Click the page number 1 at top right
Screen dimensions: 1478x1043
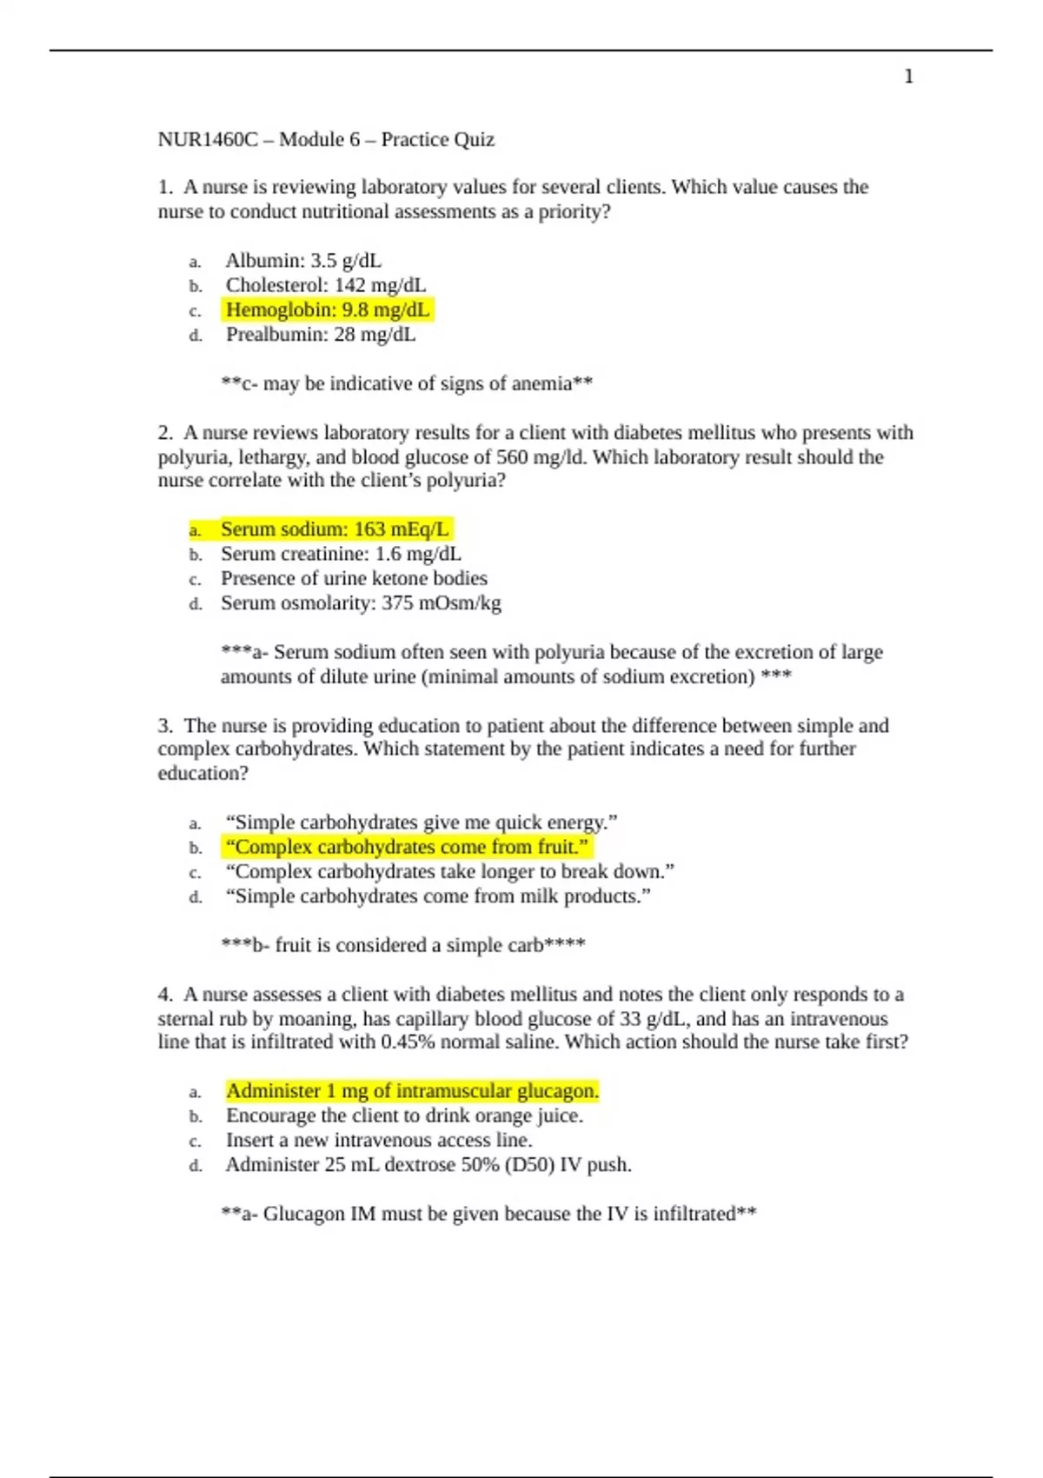[x=908, y=77]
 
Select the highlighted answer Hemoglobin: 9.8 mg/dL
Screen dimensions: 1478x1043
[x=328, y=310]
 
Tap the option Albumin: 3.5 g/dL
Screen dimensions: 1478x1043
[x=303, y=261]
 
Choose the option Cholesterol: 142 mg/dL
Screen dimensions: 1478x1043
[x=326, y=285]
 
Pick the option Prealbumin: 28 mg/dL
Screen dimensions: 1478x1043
[x=321, y=335]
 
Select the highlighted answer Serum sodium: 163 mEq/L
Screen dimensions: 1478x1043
[x=335, y=529]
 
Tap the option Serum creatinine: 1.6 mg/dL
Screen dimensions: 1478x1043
[x=341, y=554]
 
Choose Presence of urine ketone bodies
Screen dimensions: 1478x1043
[x=354, y=578]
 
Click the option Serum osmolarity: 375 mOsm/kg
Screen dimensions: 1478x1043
[x=361, y=603]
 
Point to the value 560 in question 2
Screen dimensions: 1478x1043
[x=512, y=457]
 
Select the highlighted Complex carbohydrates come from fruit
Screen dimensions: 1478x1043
[x=407, y=847]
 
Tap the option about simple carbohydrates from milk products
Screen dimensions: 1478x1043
[x=438, y=896]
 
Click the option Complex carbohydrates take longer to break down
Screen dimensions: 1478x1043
[x=449, y=871]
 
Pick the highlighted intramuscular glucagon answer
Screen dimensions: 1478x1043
[x=412, y=1091]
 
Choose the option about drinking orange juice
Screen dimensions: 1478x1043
[x=404, y=1115]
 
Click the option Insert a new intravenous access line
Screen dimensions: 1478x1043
[x=379, y=1140]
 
